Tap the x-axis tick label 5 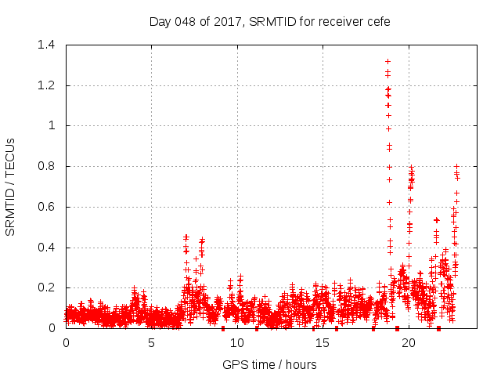pyautogui.click(x=151, y=343)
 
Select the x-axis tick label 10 pyautogui.click(x=237, y=343)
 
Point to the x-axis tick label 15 pyautogui.click(x=323, y=343)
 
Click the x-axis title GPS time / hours pyautogui.click(x=269, y=364)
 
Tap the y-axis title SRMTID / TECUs pyautogui.click(x=10, y=186)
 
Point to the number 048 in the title pyautogui.click(x=183, y=21)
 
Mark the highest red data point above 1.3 pyautogui.click(x=387, y=61)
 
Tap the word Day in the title pyautogui.click(x=160, y=21)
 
